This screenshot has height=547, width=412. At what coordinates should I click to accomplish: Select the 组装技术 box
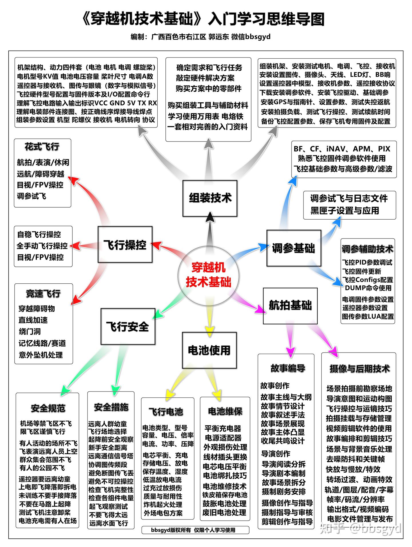point(210,198)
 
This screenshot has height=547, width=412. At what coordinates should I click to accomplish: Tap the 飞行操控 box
point(125,244)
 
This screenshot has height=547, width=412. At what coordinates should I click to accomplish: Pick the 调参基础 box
point(294,248)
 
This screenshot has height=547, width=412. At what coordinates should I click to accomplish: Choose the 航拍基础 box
point(290,305)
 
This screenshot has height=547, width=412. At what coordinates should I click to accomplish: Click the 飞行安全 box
point(128,326)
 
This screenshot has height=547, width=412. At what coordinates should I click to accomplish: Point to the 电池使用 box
point(209,350)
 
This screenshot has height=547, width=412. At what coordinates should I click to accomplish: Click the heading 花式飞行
point(42,147)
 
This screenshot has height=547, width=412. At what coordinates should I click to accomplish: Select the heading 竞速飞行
point(43,294)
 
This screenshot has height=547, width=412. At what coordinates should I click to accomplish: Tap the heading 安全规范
point(48,408)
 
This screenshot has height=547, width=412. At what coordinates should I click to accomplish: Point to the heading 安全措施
point(111,407)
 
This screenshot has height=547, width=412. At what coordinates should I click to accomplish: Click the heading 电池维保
point(225,411)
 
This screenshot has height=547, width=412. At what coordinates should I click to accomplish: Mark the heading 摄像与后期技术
point(359,369)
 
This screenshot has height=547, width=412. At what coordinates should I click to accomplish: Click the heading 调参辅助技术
point(367,249)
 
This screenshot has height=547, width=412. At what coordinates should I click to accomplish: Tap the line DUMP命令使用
point(368,288)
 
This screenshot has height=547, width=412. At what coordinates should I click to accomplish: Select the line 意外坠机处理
point(41,355)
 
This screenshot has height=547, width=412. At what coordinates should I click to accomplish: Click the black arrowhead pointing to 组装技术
point(210,216)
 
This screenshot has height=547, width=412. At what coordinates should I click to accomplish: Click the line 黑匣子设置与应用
point(344,211)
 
